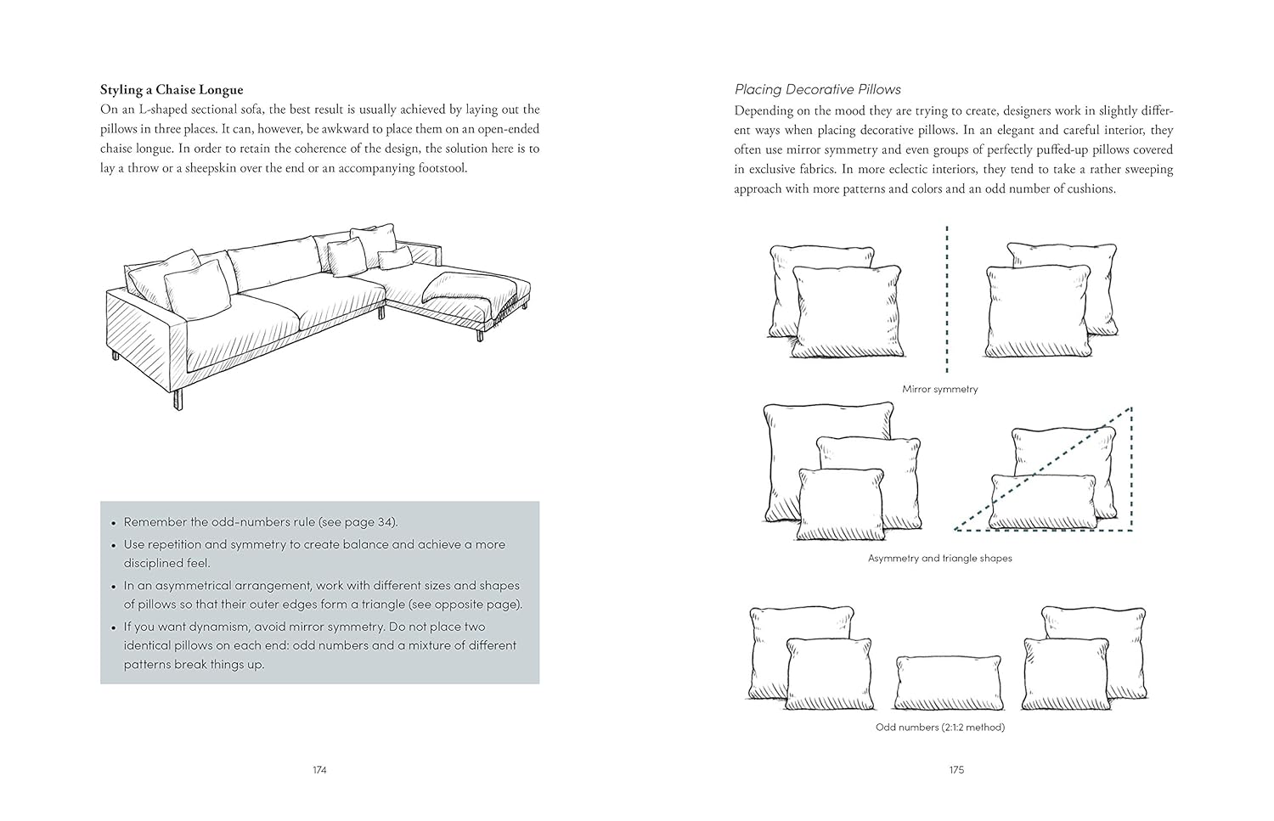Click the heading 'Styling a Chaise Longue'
[172, 90]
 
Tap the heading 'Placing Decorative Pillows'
[817, 89]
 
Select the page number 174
[319, 770]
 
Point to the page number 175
[956, 770]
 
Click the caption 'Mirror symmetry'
[939, 389]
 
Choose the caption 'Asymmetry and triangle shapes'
[939, 558]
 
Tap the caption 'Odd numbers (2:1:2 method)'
[939, 727]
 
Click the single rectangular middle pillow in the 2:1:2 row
[949, 683]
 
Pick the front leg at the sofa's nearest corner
[178, 399]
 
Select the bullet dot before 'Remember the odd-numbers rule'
[113, 523]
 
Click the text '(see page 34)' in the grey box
[361, 522]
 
